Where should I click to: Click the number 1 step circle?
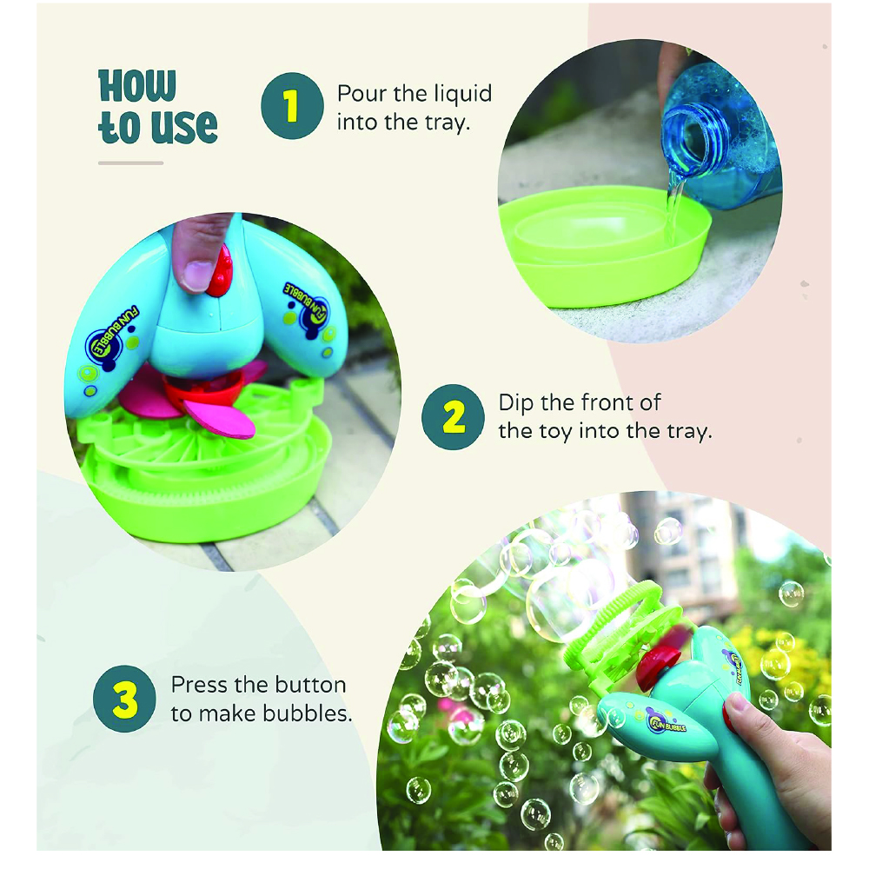click(x=292, y=105)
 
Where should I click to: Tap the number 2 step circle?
click(x=453, y=417)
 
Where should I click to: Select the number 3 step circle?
click(x=124, y=699)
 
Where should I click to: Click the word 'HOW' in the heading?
click(x=137, y=86)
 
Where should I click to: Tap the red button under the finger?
click(x=218, y=271)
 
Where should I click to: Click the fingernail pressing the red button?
click(x=194, y=275)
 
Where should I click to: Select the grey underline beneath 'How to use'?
click(x=131, y=163)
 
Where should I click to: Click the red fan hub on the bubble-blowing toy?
click(x=657, y=665)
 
